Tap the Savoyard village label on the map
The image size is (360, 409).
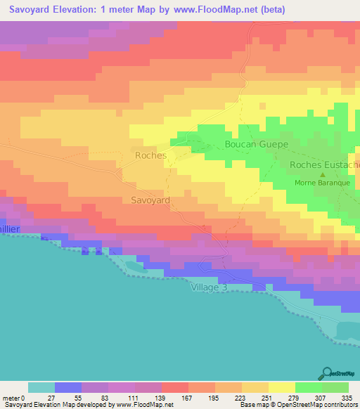point(150,200)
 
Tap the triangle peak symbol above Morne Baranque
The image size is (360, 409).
point(323,175)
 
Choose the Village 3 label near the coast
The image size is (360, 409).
point(210,287)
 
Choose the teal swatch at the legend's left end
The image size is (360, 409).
point(41,387)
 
